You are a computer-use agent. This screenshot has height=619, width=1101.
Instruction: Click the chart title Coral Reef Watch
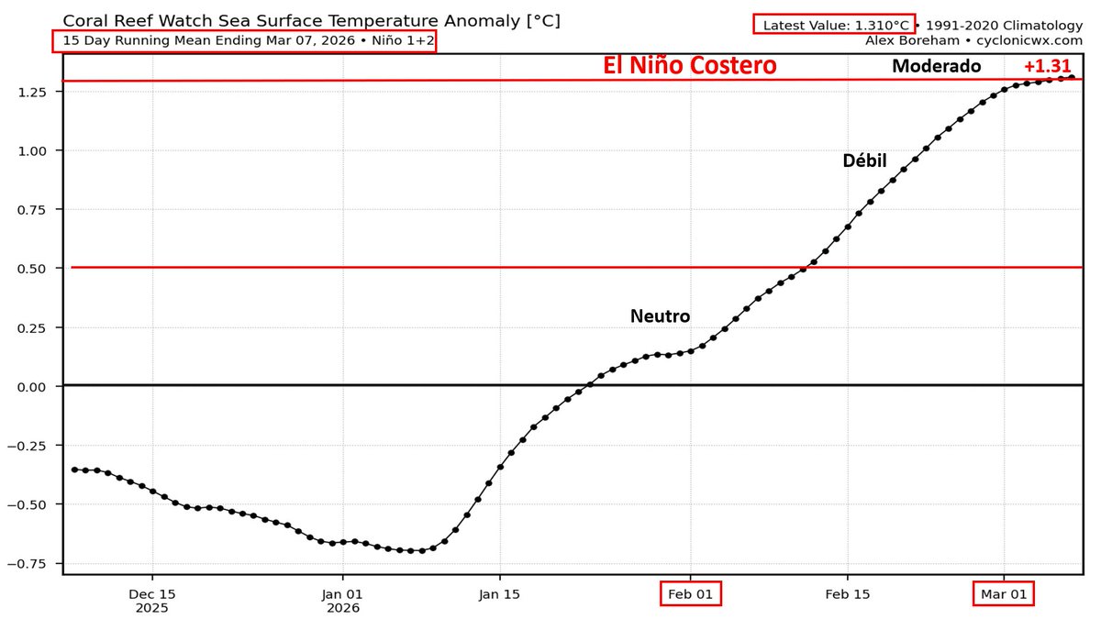(x=311, y=20)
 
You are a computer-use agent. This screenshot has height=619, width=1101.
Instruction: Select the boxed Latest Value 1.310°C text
(x=833, y=25)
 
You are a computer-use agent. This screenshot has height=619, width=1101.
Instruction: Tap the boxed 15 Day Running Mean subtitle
(x=244, y=41)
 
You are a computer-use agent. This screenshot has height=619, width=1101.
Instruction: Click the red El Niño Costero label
(x=689, y=66)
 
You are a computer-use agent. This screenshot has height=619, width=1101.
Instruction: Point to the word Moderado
(x=936, y=66)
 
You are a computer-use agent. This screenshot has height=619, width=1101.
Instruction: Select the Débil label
(x=864, y=161)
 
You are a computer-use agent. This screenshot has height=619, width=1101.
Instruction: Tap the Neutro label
(x=660, y=316)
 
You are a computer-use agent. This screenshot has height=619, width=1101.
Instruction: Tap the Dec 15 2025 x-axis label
(x=152, y=600)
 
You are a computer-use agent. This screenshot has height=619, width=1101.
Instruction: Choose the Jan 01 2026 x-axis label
(x=342, y=600)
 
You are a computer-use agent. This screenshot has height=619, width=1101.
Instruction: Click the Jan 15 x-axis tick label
(x=499, y=593)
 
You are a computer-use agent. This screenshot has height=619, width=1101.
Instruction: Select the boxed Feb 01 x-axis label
(x=691, y=593)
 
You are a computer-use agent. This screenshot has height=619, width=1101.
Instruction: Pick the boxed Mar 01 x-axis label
(x=1004, y=593)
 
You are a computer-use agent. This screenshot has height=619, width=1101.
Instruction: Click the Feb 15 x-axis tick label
(x=847, y=593)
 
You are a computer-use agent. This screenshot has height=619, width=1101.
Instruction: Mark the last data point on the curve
(x=1072, y=77)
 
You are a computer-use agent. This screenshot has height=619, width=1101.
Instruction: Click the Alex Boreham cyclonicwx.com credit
(x=973, y=40)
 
